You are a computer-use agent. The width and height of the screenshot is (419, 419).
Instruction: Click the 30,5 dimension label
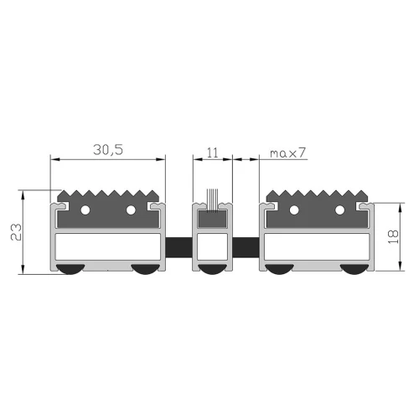(x=108, y=150)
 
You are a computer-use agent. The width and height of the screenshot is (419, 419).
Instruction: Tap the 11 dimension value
(x=212, y=153)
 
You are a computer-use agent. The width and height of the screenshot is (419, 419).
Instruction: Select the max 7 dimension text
(x=288, y=153)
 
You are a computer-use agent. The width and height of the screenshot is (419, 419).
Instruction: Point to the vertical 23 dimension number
(x=16, y=232)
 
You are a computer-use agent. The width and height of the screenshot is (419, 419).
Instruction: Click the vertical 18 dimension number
(x=393, y=237)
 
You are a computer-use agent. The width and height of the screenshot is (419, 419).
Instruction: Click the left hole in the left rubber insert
(x=85, y=209)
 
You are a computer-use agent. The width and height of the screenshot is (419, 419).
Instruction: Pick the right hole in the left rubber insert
(x=131, y=209)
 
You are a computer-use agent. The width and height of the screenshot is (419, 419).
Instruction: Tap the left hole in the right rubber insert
(x=294, y=209)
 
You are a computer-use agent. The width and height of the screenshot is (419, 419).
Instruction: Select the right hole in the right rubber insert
(x=339, y=209)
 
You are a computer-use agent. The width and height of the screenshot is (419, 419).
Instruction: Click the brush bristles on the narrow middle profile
(x=212, y=201)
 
